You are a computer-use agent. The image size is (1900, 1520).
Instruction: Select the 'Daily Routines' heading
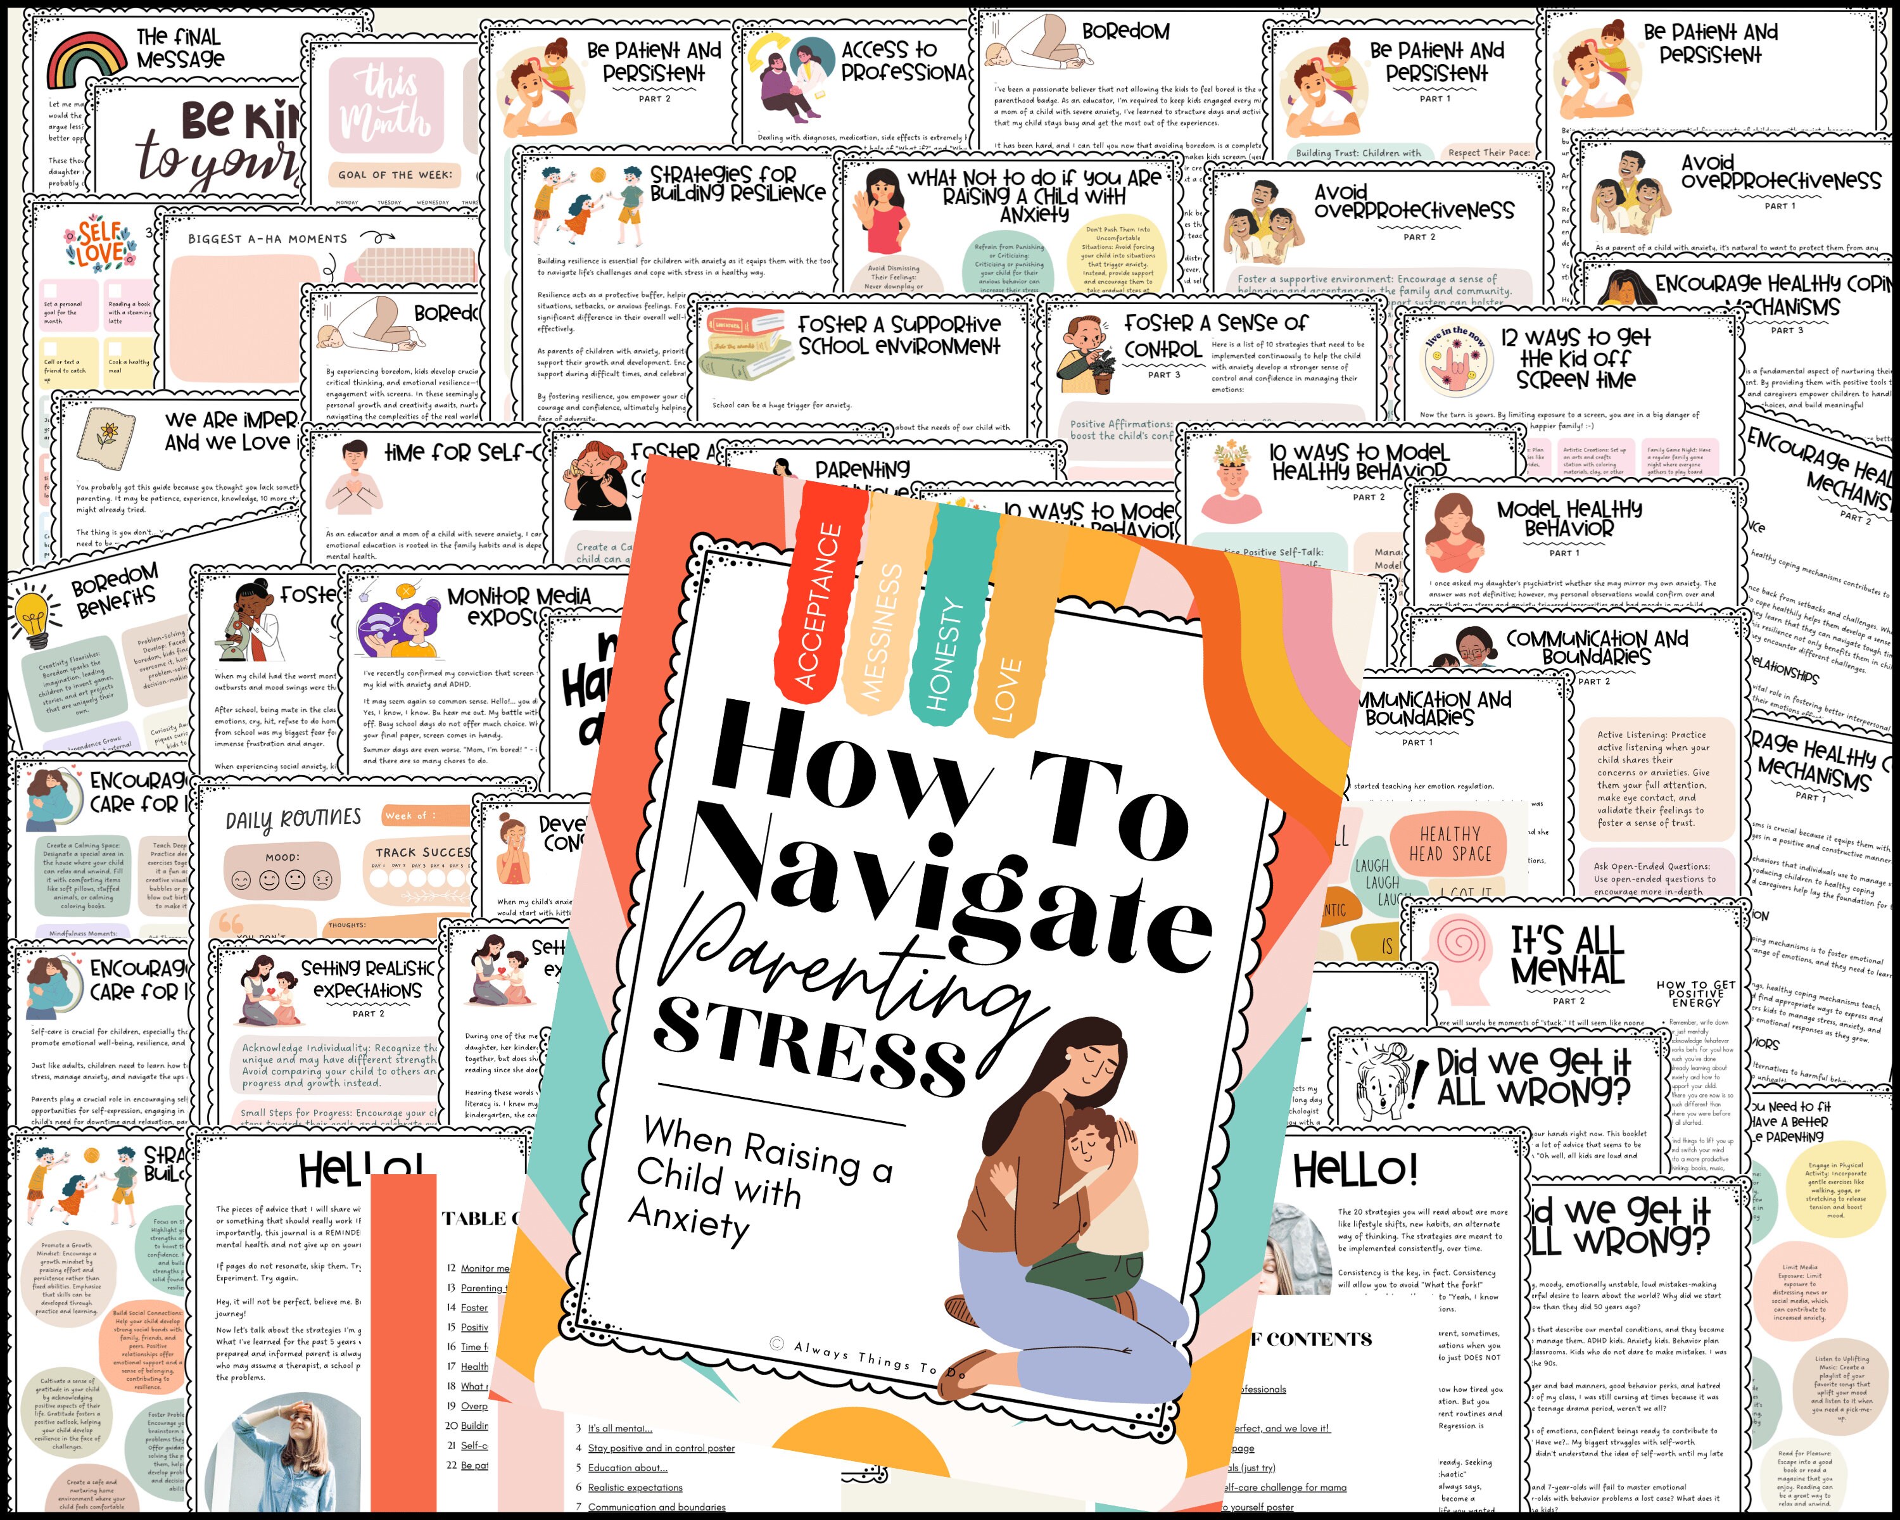tap(293, 820)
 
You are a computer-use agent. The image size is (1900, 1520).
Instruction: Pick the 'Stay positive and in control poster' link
tap(661, 1448)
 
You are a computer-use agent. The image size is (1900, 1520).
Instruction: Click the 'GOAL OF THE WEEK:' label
tap(395, 174)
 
